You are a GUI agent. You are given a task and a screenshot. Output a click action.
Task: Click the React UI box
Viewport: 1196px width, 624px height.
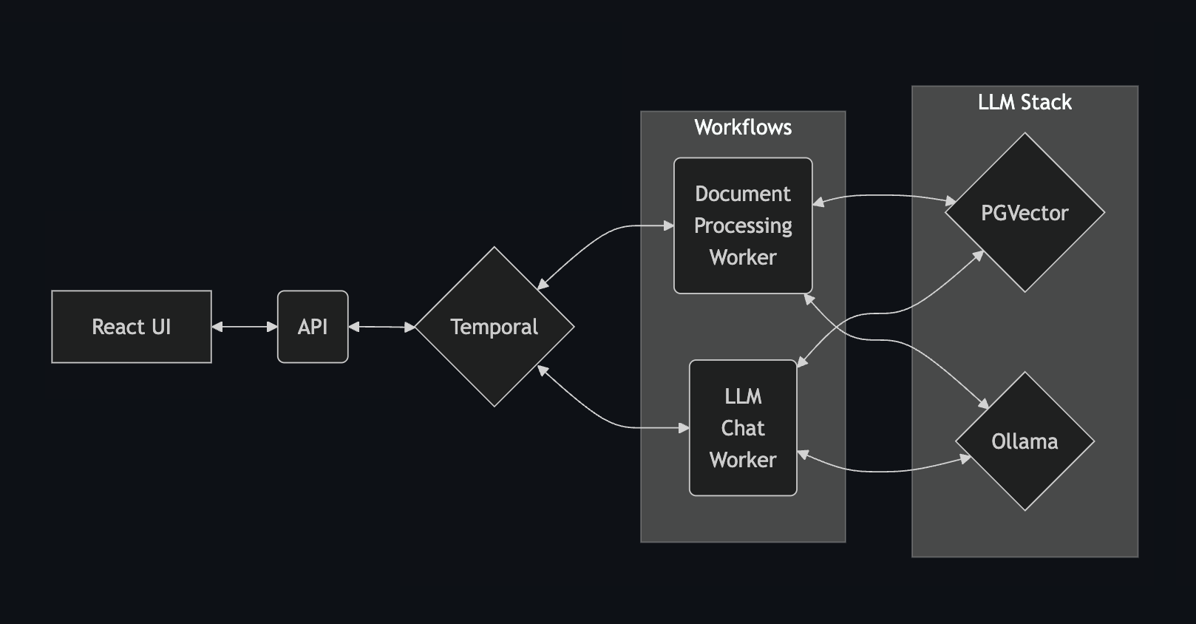(132, 327)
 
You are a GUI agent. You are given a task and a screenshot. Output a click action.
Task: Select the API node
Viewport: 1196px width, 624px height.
(313, 327)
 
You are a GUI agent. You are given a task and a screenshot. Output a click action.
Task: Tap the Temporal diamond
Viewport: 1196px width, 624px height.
(494, 327)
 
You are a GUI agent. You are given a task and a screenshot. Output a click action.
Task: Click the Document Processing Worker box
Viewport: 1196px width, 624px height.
(743, 225)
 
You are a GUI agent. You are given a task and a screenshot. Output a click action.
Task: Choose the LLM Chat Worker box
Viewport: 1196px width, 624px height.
(743, 428)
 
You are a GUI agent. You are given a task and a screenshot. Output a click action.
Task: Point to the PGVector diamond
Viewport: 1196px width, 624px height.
(1025, 213)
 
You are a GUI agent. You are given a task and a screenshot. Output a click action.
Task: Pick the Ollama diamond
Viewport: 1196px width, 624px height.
(1025, 441)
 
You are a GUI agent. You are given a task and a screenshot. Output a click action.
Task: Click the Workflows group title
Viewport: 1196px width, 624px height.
(743, 127)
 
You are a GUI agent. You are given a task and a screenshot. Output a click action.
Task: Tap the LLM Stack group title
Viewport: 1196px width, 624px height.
(1025, 102)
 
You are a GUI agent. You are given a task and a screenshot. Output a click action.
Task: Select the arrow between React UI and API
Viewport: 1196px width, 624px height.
(244, 327)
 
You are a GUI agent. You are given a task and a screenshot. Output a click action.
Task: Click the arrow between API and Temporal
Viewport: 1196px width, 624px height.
(381, 327)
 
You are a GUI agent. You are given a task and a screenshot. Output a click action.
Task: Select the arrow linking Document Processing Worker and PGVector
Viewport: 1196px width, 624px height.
(883, 196)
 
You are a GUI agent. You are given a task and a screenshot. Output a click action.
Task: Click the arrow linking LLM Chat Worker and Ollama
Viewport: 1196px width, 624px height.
(883, 470)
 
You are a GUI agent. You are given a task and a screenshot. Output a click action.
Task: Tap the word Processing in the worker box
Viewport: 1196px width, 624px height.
(743, 225)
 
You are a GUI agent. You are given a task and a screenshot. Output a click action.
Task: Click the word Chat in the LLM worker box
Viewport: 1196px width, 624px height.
(743, 428)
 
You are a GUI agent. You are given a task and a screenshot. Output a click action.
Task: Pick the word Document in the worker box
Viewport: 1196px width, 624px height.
(743, 194)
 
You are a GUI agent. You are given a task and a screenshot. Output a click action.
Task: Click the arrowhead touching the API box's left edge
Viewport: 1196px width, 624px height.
(272, 327)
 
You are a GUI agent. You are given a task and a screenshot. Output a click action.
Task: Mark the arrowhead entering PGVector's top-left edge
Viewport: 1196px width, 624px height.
(951, 200)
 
